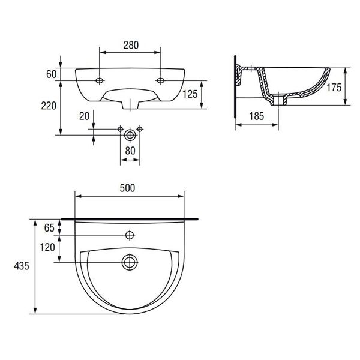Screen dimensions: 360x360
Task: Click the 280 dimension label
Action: tap(131, 45)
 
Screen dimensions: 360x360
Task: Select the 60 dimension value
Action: tap(51, 74)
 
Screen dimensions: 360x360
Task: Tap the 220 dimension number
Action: tap(49, 106)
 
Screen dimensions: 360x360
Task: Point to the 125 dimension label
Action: tap(190, 94)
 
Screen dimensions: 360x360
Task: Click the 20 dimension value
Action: tap(84, 116)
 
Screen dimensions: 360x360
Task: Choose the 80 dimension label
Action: tap(130, 151)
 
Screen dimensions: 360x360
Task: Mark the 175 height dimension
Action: tap(334, 88)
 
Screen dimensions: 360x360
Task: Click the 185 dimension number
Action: tap(257, 116)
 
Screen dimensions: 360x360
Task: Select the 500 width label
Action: tap(127, 188)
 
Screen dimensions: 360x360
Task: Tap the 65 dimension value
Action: tap(49, 228)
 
